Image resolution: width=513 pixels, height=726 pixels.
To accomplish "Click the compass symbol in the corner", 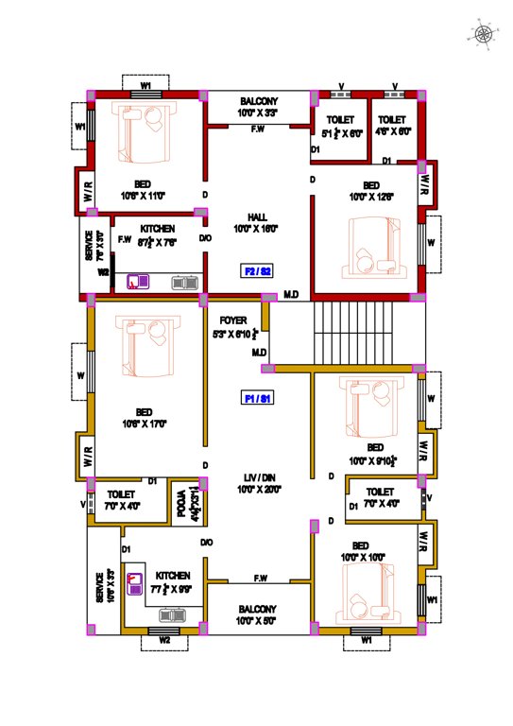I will point(483,34).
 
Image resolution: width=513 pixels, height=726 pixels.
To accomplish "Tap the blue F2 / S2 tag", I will point(258,271).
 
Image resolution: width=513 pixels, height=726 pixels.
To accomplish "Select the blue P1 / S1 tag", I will point(258,399).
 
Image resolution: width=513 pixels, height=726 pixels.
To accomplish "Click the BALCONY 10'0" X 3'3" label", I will point(258,106).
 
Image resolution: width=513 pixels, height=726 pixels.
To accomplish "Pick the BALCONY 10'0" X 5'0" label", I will point(258,614).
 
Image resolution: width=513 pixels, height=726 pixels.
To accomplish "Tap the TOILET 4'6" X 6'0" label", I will point(391,127).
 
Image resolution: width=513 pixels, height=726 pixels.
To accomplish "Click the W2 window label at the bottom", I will point(165,640).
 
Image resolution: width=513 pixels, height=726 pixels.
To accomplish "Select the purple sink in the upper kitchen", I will point(143,281).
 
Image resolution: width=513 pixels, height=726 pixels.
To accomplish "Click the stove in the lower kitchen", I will point(172,614).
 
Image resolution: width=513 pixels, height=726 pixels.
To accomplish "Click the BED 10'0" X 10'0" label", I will point(360,551).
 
